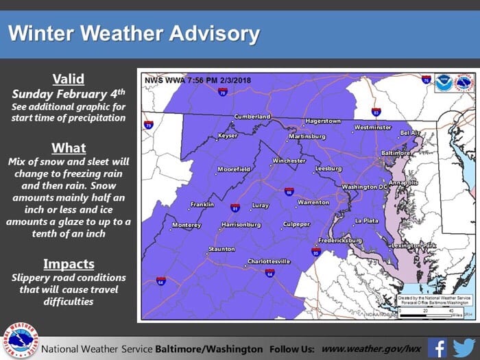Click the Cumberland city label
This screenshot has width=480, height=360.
pos(252,117)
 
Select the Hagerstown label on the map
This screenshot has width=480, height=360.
pos(322,121)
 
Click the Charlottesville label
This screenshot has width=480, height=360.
pos(269,261)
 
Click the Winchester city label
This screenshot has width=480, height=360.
pos(289,161)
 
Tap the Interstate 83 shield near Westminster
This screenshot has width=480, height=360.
pos(376,111)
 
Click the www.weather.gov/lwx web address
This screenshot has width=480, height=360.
pos(371,348)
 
